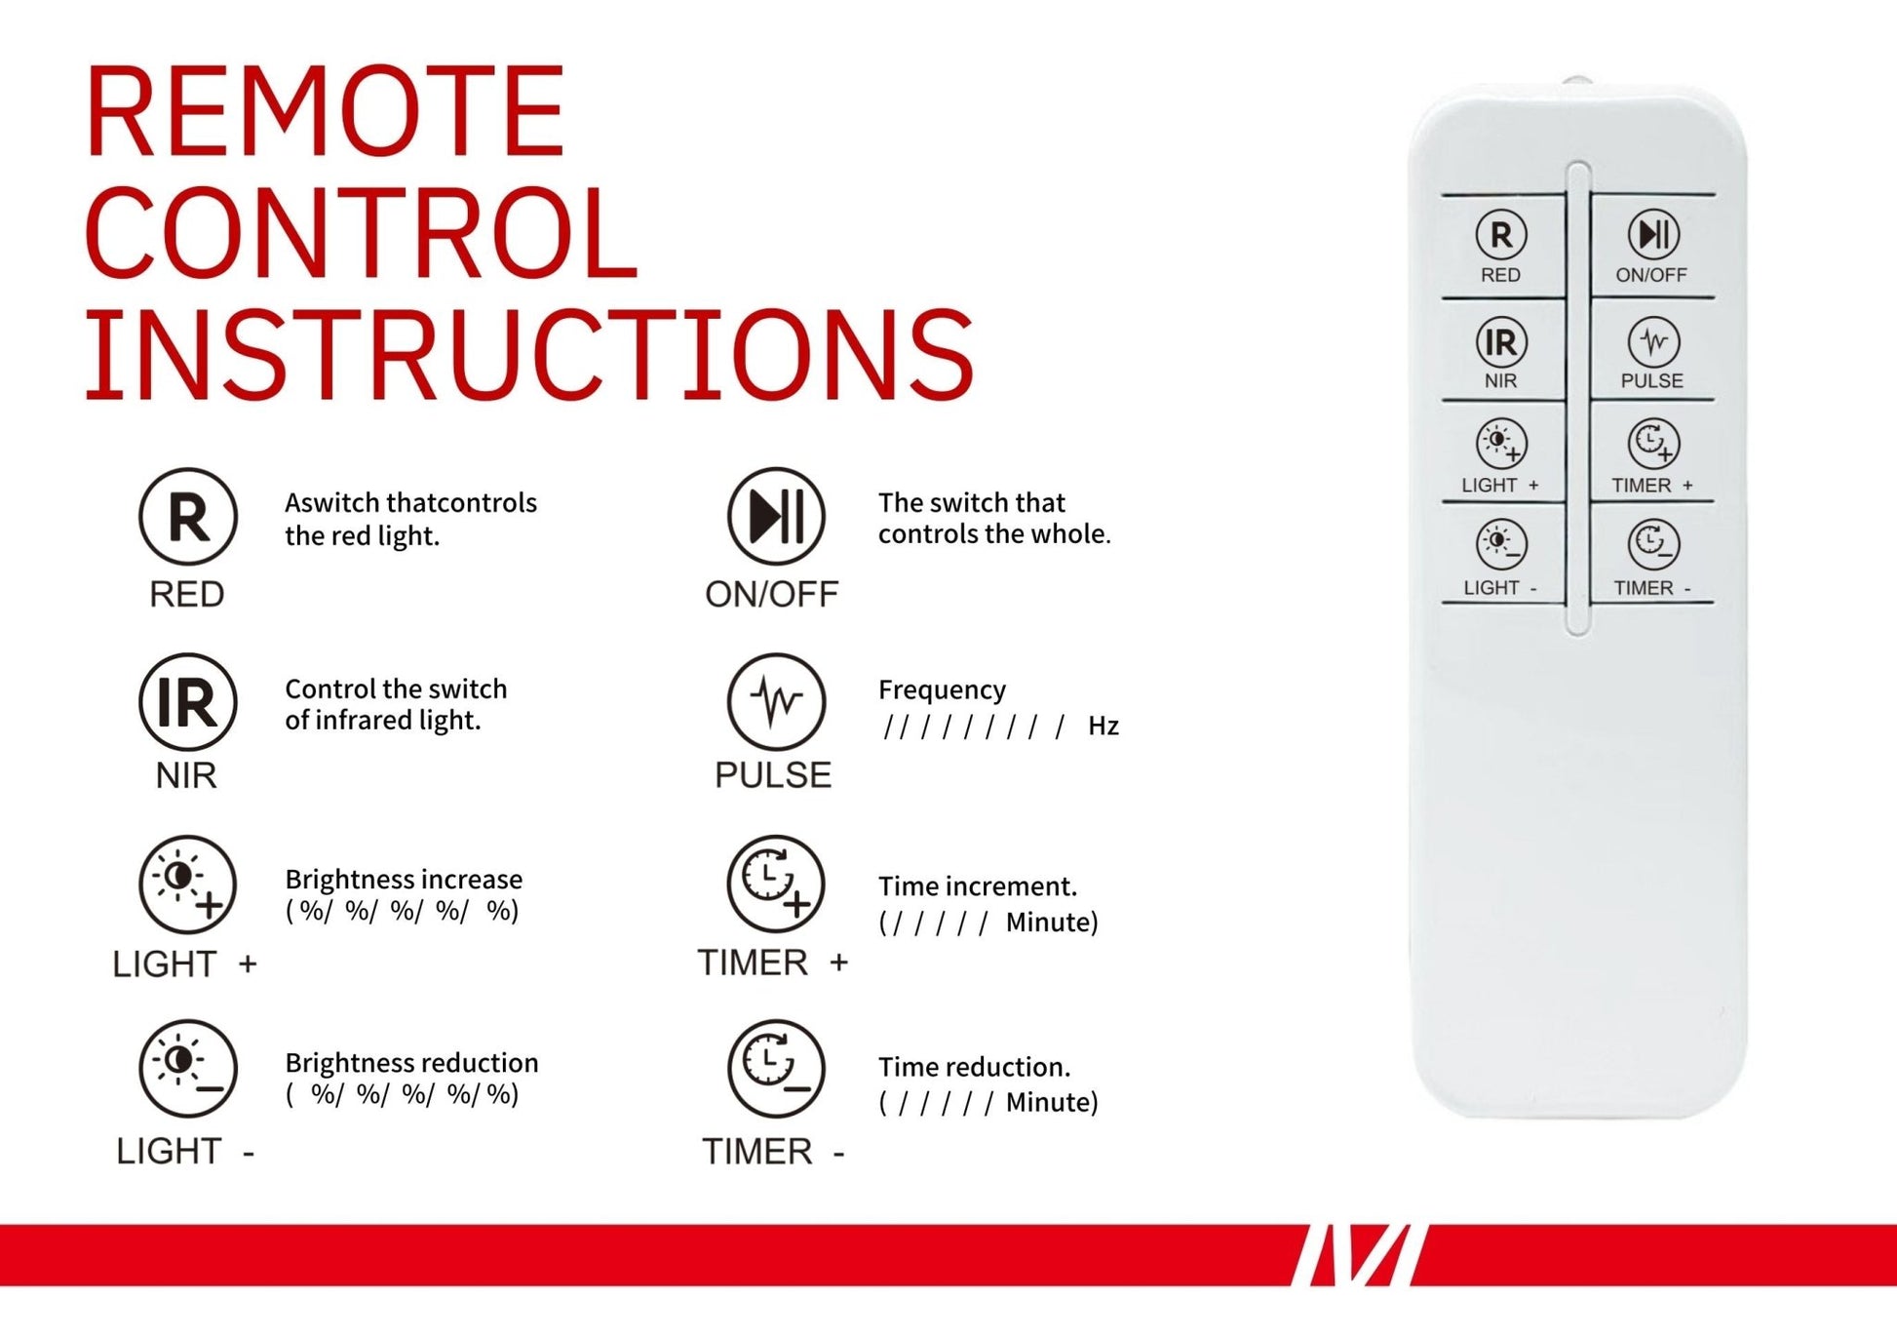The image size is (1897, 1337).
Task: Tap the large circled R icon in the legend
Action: click(x=188, y=517)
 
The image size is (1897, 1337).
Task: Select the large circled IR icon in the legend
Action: click(x=188, y=702)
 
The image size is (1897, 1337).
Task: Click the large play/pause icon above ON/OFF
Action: click(x=776, y=517)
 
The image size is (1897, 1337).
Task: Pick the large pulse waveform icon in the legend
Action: click(x=776, y=702)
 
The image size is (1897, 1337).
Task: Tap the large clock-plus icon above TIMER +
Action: click(x=776, y=884)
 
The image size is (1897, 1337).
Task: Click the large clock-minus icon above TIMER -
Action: click(x=776, y=1069)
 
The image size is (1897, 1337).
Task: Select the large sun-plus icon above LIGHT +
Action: click(x=188, y=884)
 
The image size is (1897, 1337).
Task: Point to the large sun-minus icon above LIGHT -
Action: click(x=188, y=1069)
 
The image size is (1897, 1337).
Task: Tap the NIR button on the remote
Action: click(x=1501, y=350)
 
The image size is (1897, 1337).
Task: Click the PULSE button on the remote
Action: click(x=1652, y=350)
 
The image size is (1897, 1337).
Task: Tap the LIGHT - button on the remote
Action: click(x=1501, y=555)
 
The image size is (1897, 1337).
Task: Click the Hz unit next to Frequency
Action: click(x=1103, y=727)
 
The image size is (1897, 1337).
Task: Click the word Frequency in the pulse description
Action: click(x=942, y=690)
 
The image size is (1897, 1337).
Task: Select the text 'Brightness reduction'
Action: click(x=411, y=1062)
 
